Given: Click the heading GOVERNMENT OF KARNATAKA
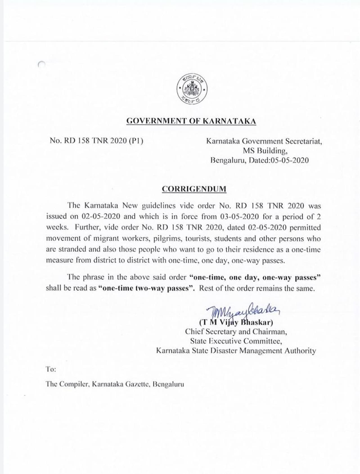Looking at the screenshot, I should (191, 121).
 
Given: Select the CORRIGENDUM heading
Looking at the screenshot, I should (194, 189).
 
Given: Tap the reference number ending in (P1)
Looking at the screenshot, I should (96, 141).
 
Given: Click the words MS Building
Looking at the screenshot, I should (265, 151).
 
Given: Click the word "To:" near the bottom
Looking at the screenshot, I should (51, 369).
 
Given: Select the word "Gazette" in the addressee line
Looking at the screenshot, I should (136, 384).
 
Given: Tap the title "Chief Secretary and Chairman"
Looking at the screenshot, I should (236, 332).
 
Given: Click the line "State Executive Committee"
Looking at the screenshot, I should (236, 342).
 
